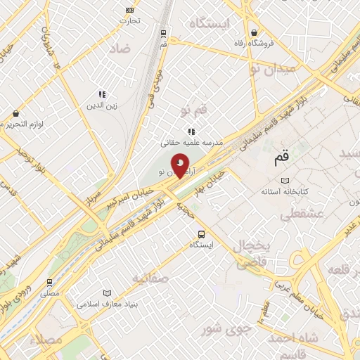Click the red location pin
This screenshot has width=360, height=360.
pyautogui.click(x=181, y=165)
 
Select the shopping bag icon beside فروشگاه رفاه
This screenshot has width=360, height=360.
pyautogui.click(x=254, y=32)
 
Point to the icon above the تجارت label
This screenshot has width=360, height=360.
pyautogui.click(x=129, y=10)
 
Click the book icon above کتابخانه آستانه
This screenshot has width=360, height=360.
pyautogui.click(x=284, y=181)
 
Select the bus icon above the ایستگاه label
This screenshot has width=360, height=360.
pyautogui.click(x=202, y=234)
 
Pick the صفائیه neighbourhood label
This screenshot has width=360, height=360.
pyautogui.click(x=150, y=278)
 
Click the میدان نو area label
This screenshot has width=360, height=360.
pyautogui.click(x=274, y=68)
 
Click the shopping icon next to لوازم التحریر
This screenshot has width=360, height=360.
pyautogui.click(x=15, y=114)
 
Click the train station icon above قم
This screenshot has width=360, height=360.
pyautogui.click(x=163, y=32)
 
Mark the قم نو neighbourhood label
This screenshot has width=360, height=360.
pyautogui.click(x=194, y=110)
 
